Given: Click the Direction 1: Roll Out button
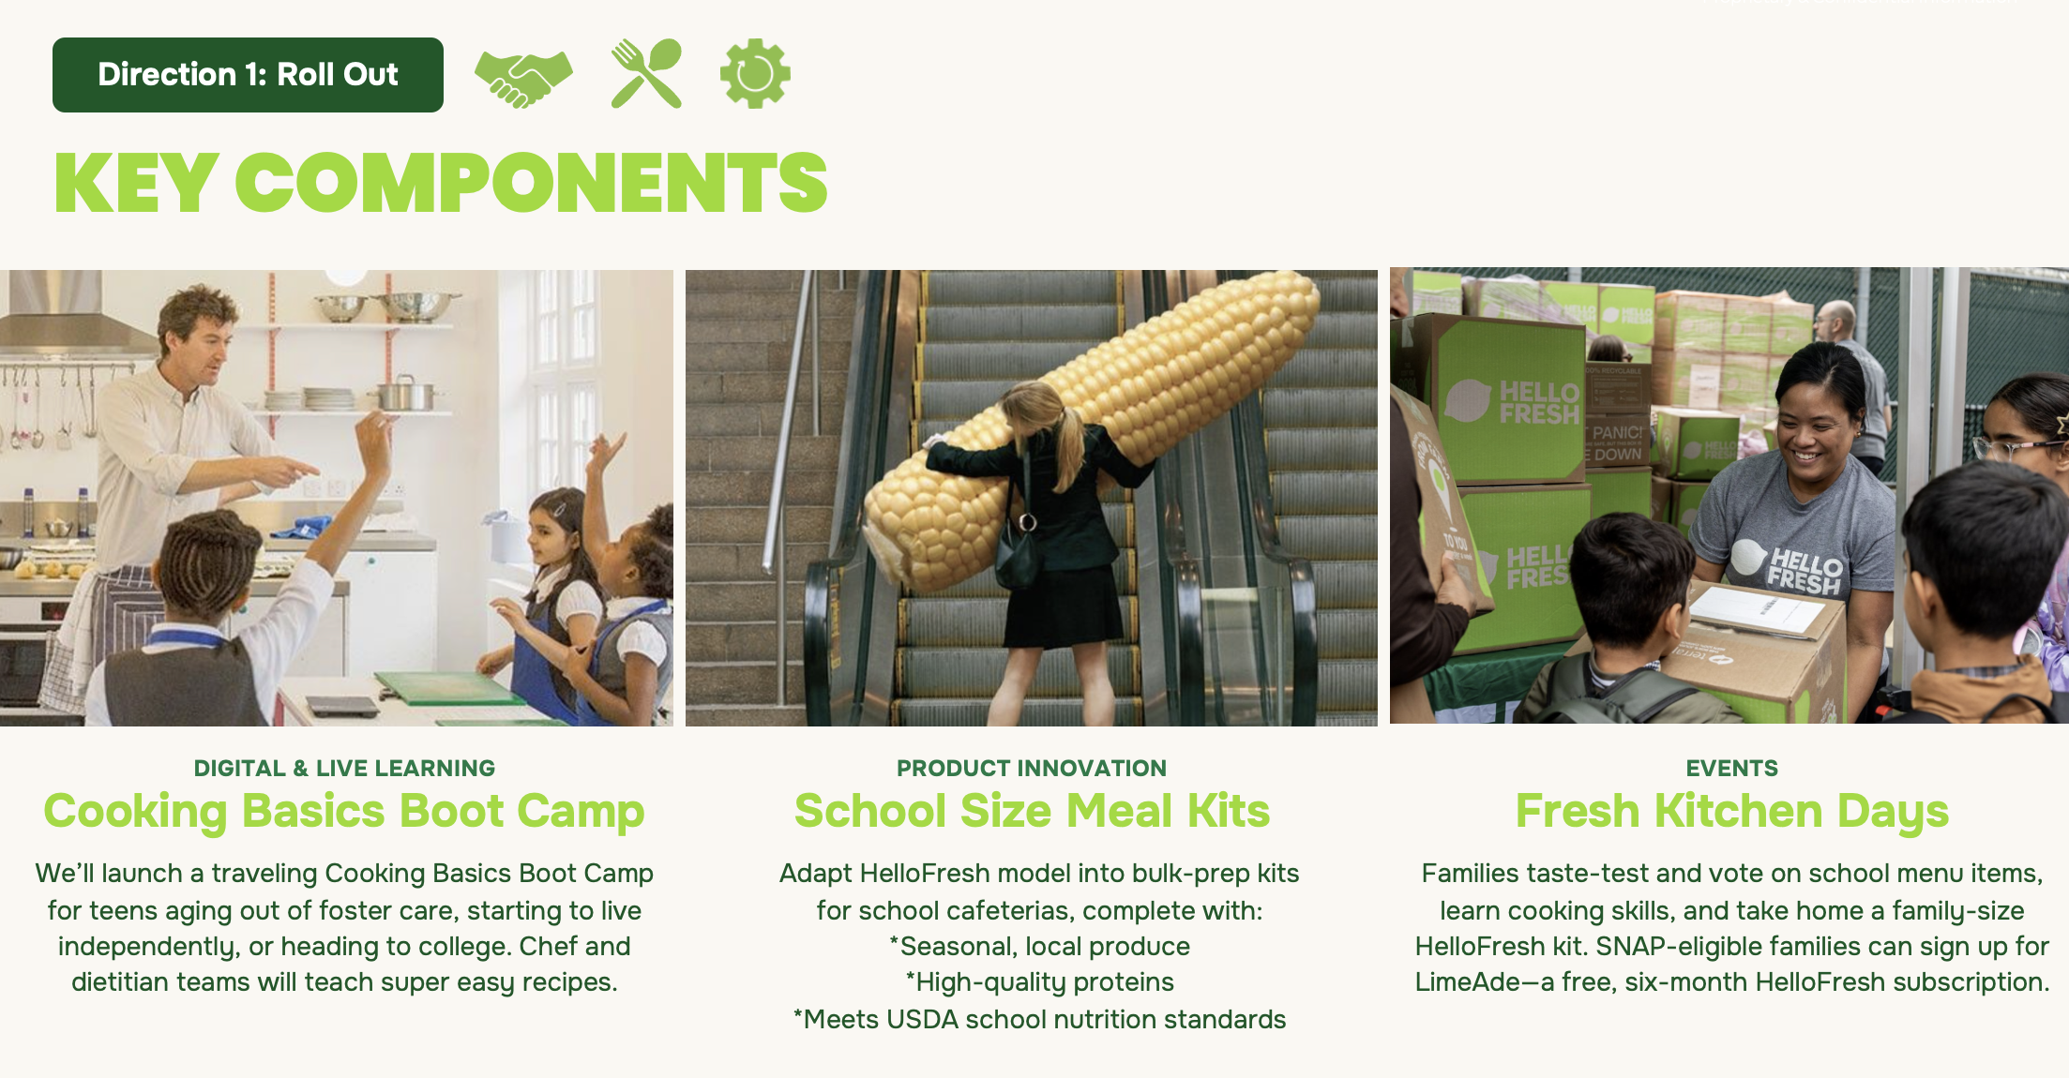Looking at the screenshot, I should click(248, 75).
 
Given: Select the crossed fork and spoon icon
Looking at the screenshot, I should click(646, 73).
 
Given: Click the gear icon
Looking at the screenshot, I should click(755, 73).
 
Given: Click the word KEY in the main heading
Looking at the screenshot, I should click(137, 184).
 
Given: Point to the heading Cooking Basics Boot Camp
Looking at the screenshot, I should click(344, 812).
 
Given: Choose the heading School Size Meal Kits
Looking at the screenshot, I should click(1032, 812).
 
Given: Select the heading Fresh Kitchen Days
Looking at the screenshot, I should click(1732, 812).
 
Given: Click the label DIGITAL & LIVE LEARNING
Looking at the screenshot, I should click(344, 769).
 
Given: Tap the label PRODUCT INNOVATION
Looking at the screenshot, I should click(1032, 769).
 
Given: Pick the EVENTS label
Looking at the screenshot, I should click(1732, 769).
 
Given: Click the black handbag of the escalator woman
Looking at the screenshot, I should click(1018, 558).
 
